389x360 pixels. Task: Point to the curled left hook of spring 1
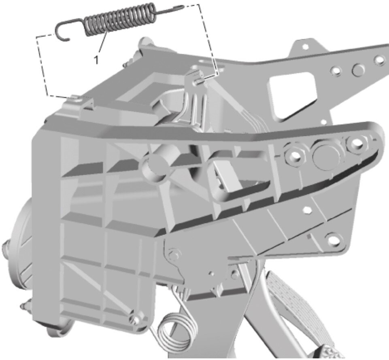(x=63, y=30)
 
